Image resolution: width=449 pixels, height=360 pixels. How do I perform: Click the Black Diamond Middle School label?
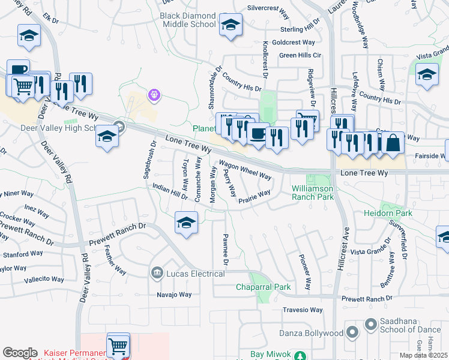pyautogui.click(x=188, y=20)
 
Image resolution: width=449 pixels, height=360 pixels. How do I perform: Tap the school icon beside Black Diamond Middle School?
pyautogui.click(x=230, y=25)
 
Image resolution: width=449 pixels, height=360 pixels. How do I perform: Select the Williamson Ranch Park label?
pyautogui.click(x=313, y=192)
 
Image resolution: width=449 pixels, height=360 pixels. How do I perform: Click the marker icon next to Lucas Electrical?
pyautogui.click(x=157, y=274)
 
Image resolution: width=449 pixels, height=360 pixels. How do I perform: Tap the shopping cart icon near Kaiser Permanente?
pyautogui.click(x=118, y=345)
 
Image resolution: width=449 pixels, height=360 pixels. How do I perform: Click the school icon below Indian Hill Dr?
pyautogui.click(x=186, y=223)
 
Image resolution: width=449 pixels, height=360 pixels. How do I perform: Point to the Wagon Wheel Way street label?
pyautogui.click(x=244, y=170)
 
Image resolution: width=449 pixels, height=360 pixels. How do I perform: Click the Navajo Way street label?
pyautogui.click(x=173, y=295)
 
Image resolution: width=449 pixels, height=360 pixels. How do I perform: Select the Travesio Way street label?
pyautogui.click(x=303, y=310)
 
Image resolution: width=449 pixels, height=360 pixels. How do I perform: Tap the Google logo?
pyautogui.click(x=20, y=353)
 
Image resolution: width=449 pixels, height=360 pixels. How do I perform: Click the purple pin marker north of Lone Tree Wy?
pyautogui.click(x=154, y=94)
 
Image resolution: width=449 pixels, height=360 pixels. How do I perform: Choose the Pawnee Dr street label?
pyautogui.click(x=226, y=250)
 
